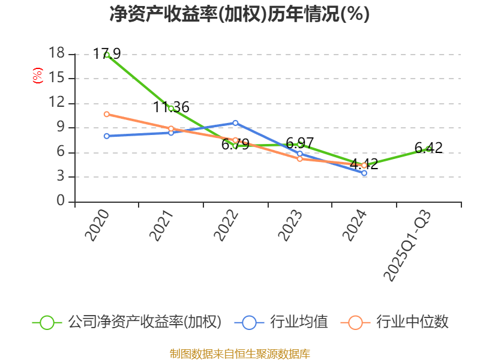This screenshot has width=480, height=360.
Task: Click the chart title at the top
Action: coord(239,14)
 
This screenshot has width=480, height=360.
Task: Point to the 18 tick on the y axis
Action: coord(56,54)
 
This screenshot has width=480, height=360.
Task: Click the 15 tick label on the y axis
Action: coord(56,79)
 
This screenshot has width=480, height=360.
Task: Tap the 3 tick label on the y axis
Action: coord(61,177)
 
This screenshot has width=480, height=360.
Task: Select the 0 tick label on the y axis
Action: coord(61,202)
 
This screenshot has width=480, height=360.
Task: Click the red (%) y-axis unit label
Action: coord(37,76)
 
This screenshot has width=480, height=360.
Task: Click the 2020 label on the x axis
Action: coord(97,226)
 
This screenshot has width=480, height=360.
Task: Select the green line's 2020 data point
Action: coord(107,55)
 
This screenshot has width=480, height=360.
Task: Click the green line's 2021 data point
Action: coord(171,109)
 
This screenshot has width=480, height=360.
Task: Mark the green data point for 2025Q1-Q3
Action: coord(428,149)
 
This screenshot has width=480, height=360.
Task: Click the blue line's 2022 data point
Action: coord(235,123)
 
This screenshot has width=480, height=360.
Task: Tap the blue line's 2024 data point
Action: coord(364,173)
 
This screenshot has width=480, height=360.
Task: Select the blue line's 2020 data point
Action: coord(107,136)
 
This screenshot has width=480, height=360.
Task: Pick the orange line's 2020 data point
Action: coord(107,114)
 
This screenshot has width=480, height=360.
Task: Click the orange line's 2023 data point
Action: coord(300,158)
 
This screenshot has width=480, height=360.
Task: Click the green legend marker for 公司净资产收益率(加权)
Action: coord(47,322)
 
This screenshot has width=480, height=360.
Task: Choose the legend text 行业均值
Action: coord(299,322)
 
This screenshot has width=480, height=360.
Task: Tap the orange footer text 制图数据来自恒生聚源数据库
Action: coord(239,353)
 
